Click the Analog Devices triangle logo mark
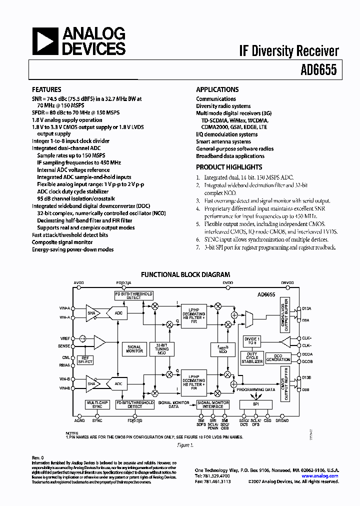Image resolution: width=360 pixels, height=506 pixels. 45,41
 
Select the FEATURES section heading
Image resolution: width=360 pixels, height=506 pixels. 46,89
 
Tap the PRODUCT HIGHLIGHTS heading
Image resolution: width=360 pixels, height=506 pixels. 229,167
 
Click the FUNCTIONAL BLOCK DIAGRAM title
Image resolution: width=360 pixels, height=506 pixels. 185,274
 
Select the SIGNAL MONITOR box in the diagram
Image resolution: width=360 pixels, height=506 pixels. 134,348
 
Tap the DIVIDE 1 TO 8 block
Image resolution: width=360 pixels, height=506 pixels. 252,342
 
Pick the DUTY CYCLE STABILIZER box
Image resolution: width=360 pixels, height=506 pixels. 252,358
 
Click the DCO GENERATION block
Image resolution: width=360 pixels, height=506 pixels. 278,357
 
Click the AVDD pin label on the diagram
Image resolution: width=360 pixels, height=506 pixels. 79,282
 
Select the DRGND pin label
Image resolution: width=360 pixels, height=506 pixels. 282,420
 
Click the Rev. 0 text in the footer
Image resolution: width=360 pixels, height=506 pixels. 38,457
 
